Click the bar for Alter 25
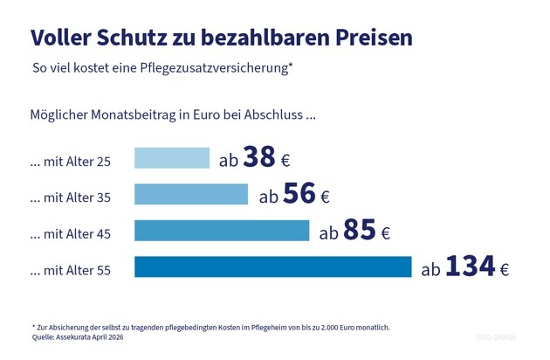click(x=172, y=157)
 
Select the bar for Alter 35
click(x=191, y=194)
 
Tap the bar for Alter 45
click(x=222, y=231)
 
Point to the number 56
click(x=299, y=194)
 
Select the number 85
click(x=360, y=231)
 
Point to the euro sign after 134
click(x=504, y=270)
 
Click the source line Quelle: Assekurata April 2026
click(x=78, y=336)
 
